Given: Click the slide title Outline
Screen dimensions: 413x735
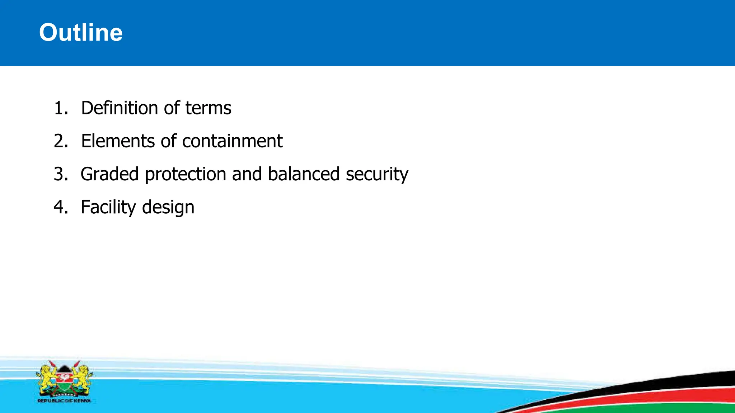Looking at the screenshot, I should point(81,33).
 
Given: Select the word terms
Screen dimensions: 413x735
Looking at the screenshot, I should point(208,108).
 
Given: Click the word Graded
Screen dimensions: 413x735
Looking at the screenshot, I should point(109,174).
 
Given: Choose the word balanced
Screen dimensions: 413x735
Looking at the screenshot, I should point(304,174).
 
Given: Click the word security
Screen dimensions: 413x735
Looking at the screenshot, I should point(377,174).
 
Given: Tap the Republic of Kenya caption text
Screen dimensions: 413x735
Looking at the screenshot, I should point(64,401).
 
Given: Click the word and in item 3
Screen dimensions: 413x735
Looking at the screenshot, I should point(247,174).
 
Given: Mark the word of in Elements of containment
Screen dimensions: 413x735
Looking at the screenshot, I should point(169,141).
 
